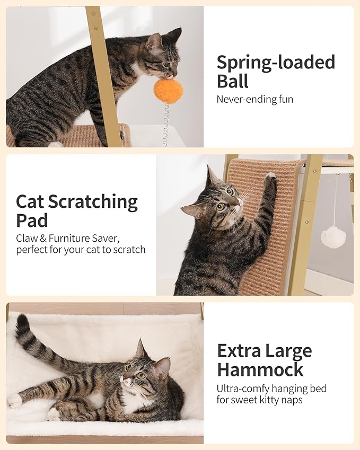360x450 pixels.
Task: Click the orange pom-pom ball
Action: [x=169, y=91]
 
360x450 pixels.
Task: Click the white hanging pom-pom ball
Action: [x=333, y=237]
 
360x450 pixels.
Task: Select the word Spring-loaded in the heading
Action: [x=276, y=63]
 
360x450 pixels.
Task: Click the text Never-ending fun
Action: [x=254, y=99]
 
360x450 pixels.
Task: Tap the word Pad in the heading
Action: [x=32, y=220]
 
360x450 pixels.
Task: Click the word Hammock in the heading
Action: [x=260, y=369]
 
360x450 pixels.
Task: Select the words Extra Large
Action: [x=264, y=351]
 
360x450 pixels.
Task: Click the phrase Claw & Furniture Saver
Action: [x=68, y=238]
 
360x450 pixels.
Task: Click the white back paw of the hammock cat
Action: [x=14, y=400]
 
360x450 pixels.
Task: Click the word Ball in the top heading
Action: [x=233, y=81]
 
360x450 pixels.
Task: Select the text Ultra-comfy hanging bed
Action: [x=271, y=389]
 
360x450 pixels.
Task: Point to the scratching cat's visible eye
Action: [x=220, y=206]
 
